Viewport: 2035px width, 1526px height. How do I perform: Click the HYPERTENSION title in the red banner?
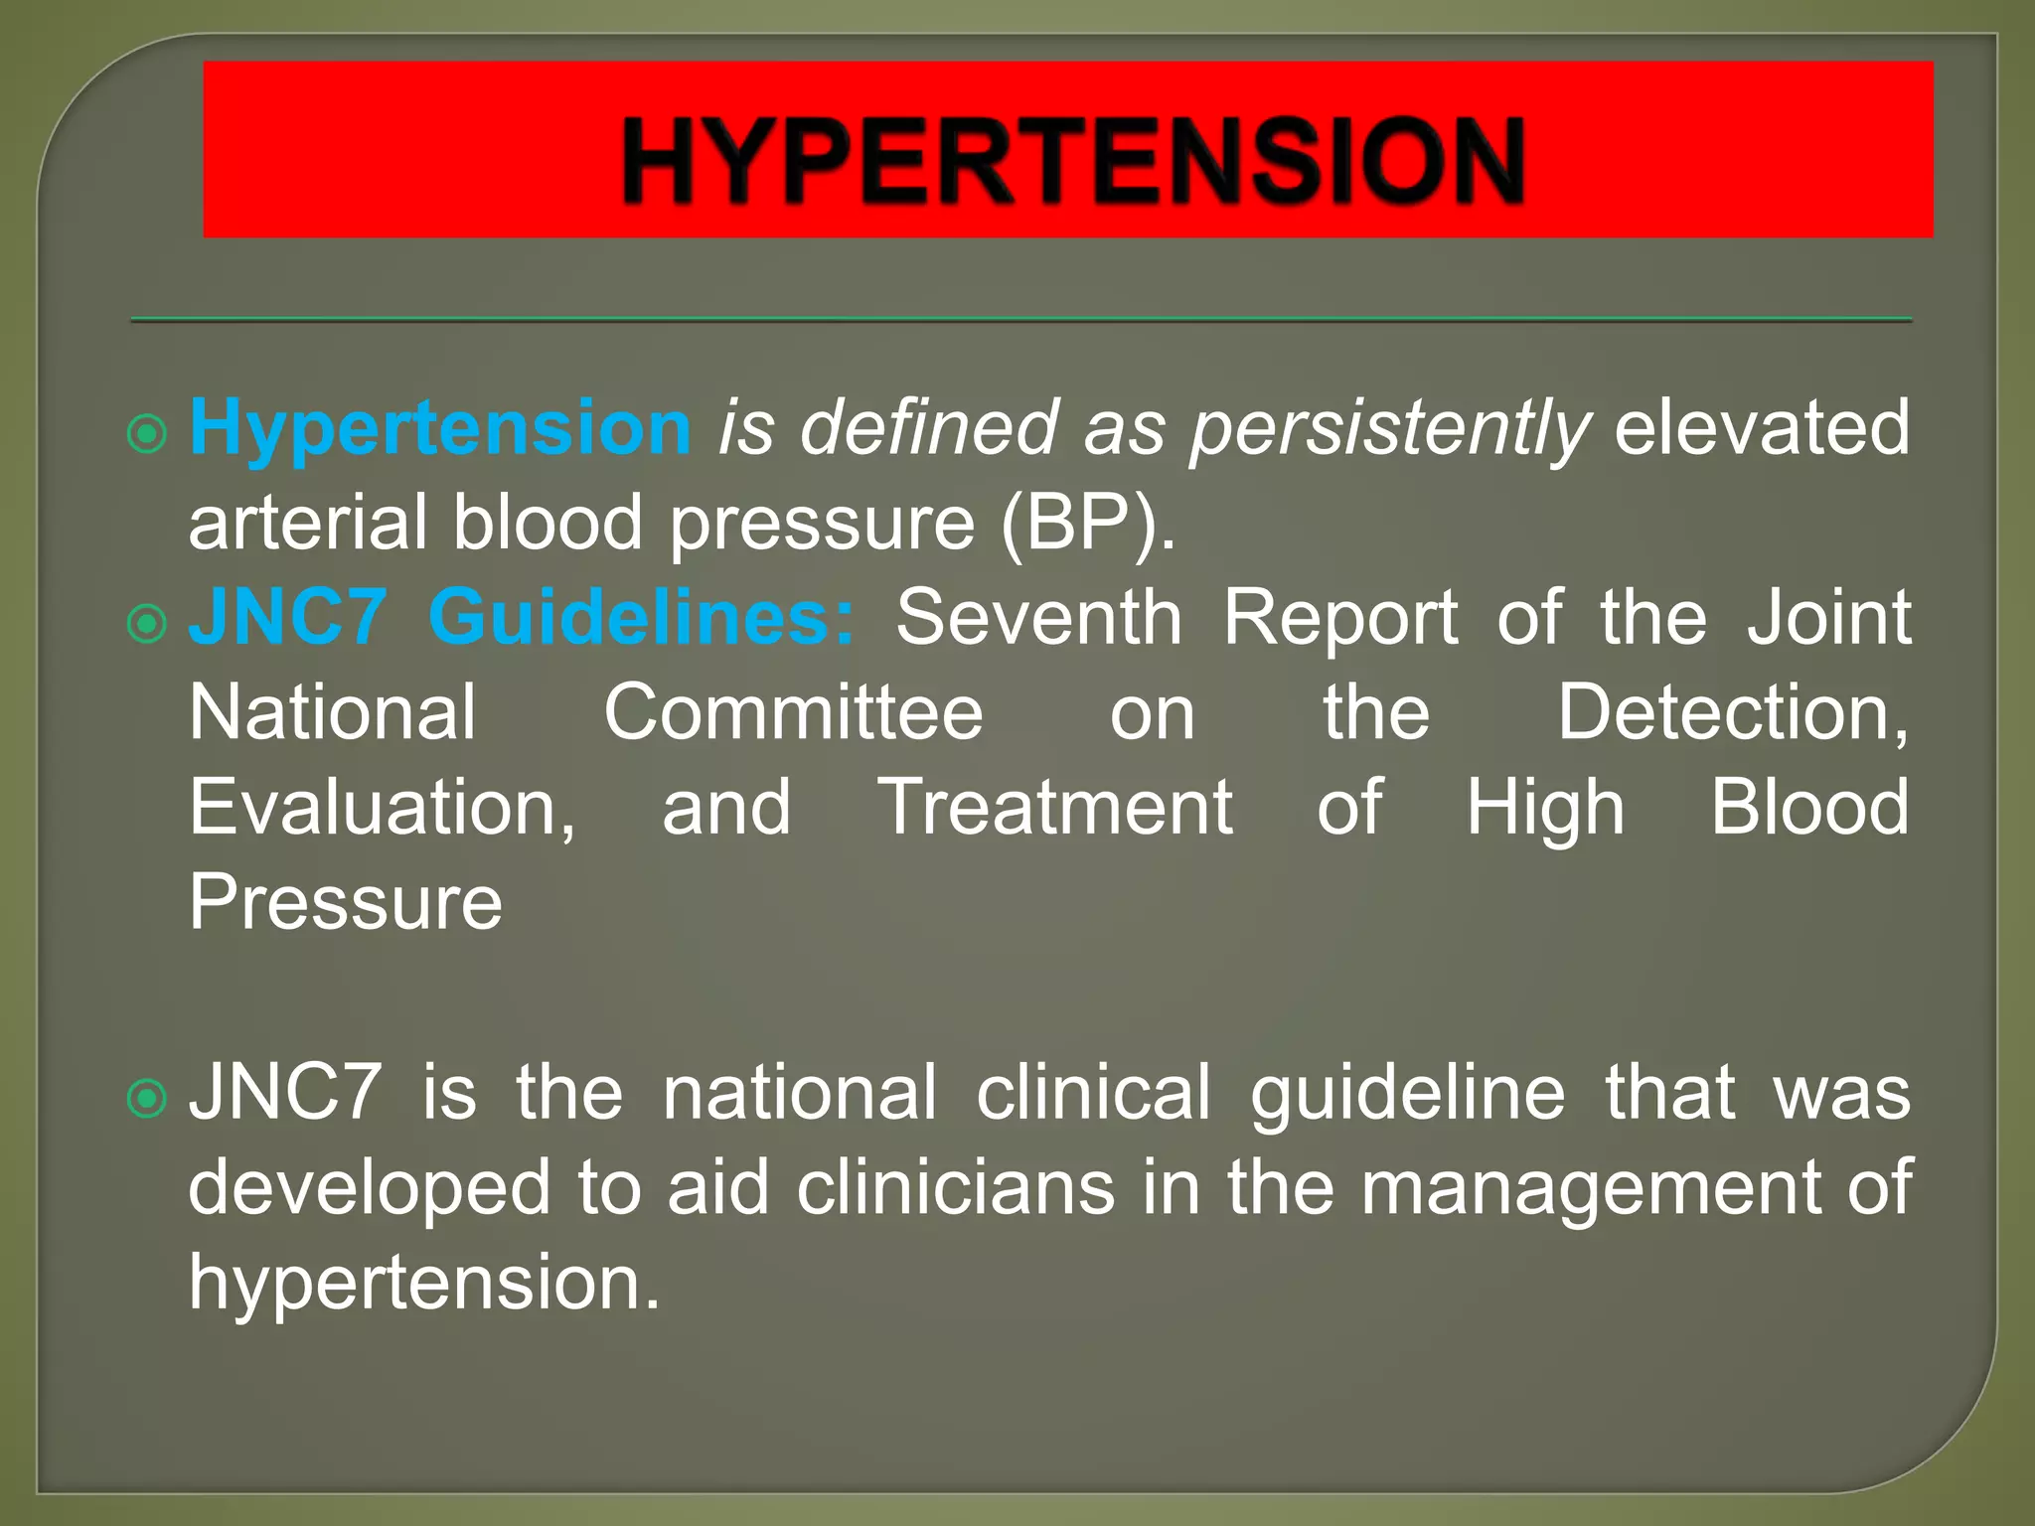click(x=1072, y=161)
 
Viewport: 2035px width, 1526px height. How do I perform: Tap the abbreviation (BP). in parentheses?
click(x=1088, y=524)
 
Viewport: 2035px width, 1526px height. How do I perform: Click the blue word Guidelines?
click(x=641, y=618)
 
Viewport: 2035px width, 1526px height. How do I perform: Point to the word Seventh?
click(x=1038, y=618)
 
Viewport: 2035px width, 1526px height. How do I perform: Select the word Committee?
click(x=793, y=712)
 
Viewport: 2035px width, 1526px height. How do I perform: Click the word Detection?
click(x=1732, y=712)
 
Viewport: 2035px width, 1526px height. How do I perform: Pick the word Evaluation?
click(x=383, y=808)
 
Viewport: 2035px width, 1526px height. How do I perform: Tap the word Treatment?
click(x=1055, y=808)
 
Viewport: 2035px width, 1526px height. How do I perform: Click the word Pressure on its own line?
click(x=346, y=902)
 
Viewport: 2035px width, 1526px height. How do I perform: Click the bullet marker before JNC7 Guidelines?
click(x=147, y=624)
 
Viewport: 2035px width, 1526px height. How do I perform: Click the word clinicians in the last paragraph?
click(x=955, y=1187)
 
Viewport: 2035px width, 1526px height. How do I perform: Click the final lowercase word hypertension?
click(x=424, y=1283)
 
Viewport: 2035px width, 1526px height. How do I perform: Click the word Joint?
click(x=1828, y=618)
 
